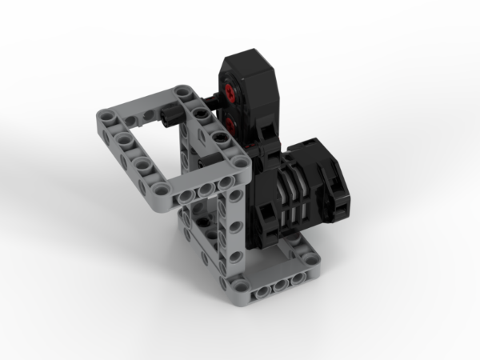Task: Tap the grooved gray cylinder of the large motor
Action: [294, 194]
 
